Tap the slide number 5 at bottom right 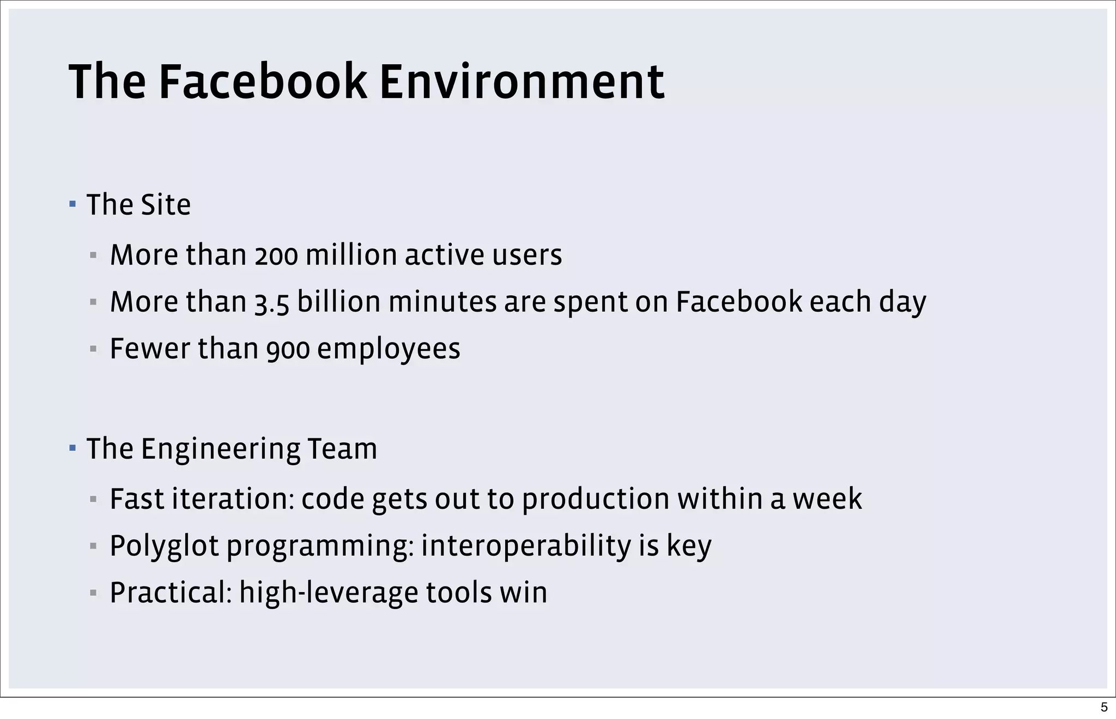pos(1104,707)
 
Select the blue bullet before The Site pos(72,205)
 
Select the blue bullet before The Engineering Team pos(72,448)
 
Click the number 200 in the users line pos(276,255)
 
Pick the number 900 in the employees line pos(288,349)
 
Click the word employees pos(389,349)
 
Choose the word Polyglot pos(164,546)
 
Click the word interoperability pos(526,546)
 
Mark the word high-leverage pos(329,593)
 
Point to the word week pos(827,499)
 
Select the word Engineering pos(220,449)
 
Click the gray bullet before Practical pos(93,593)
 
